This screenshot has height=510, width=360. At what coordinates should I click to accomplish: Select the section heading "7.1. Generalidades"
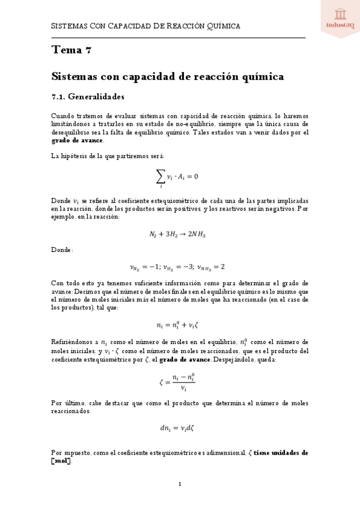point(88,96)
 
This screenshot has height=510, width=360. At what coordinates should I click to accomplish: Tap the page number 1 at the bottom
point(180,484)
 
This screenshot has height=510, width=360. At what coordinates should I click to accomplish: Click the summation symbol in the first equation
point(160,176)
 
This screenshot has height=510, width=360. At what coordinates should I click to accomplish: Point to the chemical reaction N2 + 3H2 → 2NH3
point(180,234)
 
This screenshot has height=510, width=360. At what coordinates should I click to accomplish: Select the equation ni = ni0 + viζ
point(180,325)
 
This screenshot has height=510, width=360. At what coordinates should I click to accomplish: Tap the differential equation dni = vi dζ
point(180,428)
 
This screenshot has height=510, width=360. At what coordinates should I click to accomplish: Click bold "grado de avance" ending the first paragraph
point(77,141)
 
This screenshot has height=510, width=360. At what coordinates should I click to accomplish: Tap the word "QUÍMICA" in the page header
point(222,26)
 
